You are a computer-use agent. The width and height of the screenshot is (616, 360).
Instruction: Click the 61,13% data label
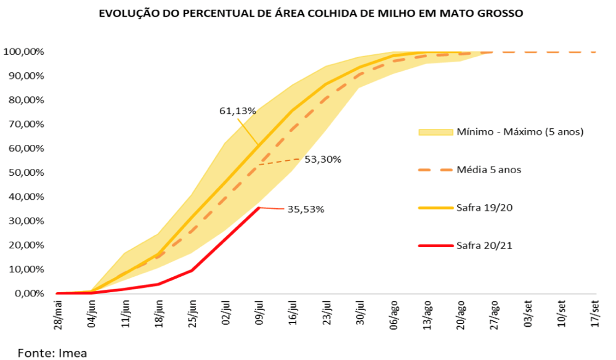pos(237,112)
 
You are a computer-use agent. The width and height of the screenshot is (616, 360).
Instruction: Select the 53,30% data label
pos(322,159)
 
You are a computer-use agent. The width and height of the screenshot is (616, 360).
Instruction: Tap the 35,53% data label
pos(306,209)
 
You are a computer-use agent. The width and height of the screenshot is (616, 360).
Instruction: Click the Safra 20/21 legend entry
pos(484,245)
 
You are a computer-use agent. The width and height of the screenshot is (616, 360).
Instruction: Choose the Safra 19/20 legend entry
pos(484,207)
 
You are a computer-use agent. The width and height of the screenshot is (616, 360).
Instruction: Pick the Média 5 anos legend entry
pos(489,170)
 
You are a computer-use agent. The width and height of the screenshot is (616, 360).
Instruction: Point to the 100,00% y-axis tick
pos(24,52)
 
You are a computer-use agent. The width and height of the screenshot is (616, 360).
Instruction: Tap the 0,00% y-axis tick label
pos(29,294)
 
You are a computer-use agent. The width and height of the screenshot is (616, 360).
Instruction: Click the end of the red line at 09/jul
pos(259,208)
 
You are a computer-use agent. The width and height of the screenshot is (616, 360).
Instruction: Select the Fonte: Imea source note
pos(52,353)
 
